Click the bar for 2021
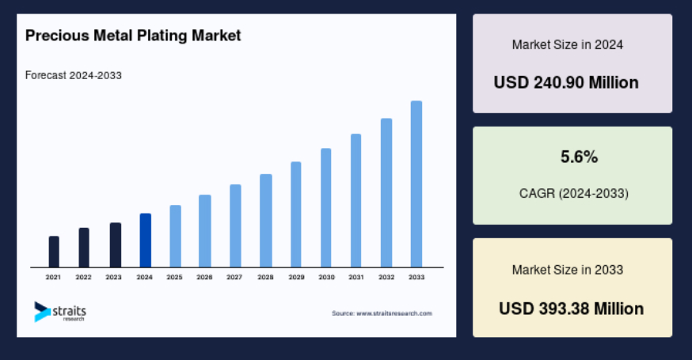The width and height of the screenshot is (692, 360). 54,252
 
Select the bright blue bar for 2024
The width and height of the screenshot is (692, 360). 146,241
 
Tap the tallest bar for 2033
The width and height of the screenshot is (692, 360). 416,184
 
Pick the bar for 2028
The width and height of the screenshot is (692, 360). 266,221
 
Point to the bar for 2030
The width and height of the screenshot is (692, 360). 325,208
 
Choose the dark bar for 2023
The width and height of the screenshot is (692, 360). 115,244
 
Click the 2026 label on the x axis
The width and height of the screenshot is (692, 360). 204,277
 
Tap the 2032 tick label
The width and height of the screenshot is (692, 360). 386,277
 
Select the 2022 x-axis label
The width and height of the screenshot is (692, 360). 83,277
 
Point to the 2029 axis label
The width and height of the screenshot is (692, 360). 297,277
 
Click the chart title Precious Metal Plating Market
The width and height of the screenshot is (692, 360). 133,36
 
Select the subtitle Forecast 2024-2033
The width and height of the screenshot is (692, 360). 74,75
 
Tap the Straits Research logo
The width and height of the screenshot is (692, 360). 60,312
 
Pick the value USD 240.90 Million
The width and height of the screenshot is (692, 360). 566,82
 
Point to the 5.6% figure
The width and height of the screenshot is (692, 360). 579,157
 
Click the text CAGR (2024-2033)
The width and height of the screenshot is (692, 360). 574,193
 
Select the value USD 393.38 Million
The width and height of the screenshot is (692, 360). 571,309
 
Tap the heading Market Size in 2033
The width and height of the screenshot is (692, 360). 568,270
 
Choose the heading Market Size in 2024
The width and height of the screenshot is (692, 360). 568,44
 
